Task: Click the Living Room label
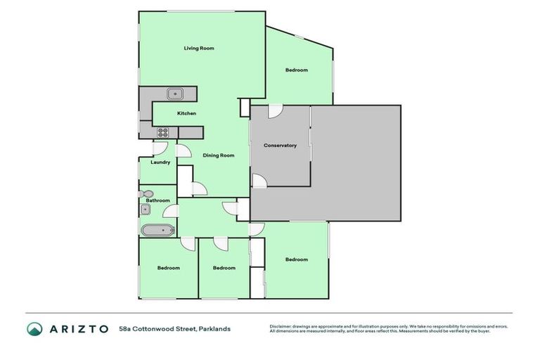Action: click(x=199, y=49)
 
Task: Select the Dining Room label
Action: click(x=218, y=155)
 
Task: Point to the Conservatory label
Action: click(x=280, y=146)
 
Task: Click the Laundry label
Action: click(x=160, y=162)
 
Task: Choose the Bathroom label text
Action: click(x=157, y=200)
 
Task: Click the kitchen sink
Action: click(x=175, y=94)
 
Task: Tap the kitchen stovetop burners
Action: click(x=162, y=131)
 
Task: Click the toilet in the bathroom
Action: click(x=147, y=193)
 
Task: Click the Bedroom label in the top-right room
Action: click(x=297, y=70)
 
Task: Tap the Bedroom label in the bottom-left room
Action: click(x=168, y=268)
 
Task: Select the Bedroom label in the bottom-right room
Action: click(x=296, y=259)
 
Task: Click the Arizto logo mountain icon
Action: click(x=34, y=328)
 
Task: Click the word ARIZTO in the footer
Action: click(x=79, y=328)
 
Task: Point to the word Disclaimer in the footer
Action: click(x=281, y=326)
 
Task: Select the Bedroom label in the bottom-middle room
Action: click(x=224, y=268)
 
